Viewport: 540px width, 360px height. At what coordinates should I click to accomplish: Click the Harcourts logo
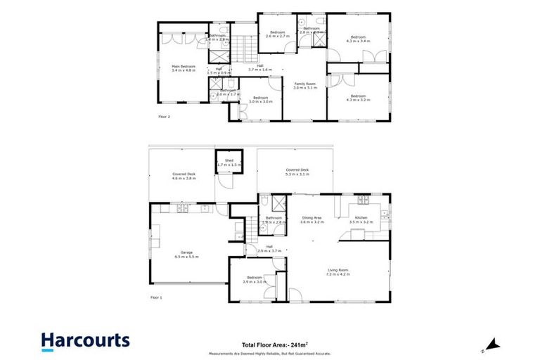point(85,341)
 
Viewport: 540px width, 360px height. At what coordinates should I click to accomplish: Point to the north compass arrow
point(494,345)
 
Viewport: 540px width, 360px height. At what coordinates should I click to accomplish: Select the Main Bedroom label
point(184,68)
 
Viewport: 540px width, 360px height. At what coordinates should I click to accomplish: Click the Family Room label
point(304,86)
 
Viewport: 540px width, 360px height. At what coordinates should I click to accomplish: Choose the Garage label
point(186,255)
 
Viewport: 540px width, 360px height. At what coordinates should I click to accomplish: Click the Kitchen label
point(361,219)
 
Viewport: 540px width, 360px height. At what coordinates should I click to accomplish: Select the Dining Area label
point(312,219)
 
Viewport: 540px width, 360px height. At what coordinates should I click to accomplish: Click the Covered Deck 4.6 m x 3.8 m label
point(184,176)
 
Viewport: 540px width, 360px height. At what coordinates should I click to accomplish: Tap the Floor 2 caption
point(164,117)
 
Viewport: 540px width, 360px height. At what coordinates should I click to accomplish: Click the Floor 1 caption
point(156,298)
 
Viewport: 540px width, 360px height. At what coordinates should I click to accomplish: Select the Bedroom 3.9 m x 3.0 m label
point(254,280)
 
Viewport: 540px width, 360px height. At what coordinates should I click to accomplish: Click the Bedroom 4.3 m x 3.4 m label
point(358,39)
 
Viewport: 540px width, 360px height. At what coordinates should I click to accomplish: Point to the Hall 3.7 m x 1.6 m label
point(259,67)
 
